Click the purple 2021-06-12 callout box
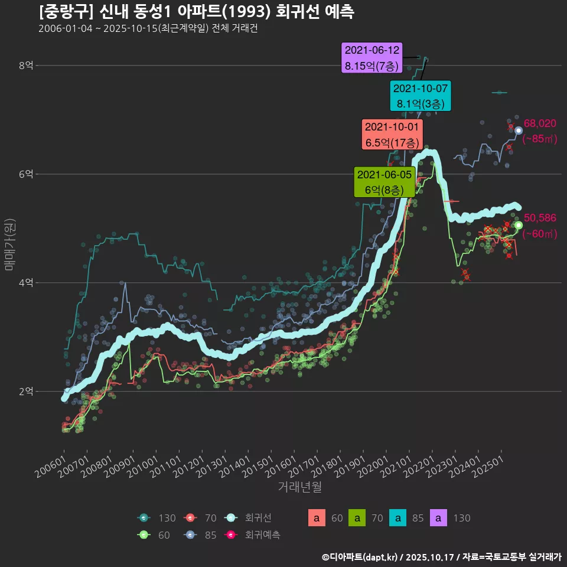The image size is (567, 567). [372, 58]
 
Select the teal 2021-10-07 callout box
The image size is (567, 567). [421, 96]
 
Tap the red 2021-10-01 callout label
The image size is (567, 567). [392, 135]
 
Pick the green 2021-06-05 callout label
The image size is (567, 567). [384, 182]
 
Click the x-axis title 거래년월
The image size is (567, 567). [299, 487]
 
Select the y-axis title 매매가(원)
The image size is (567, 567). [9, 244]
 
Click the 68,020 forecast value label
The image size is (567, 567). [540, 123]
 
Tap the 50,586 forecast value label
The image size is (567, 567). [540, 219]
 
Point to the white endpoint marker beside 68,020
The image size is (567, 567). [519, 131]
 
